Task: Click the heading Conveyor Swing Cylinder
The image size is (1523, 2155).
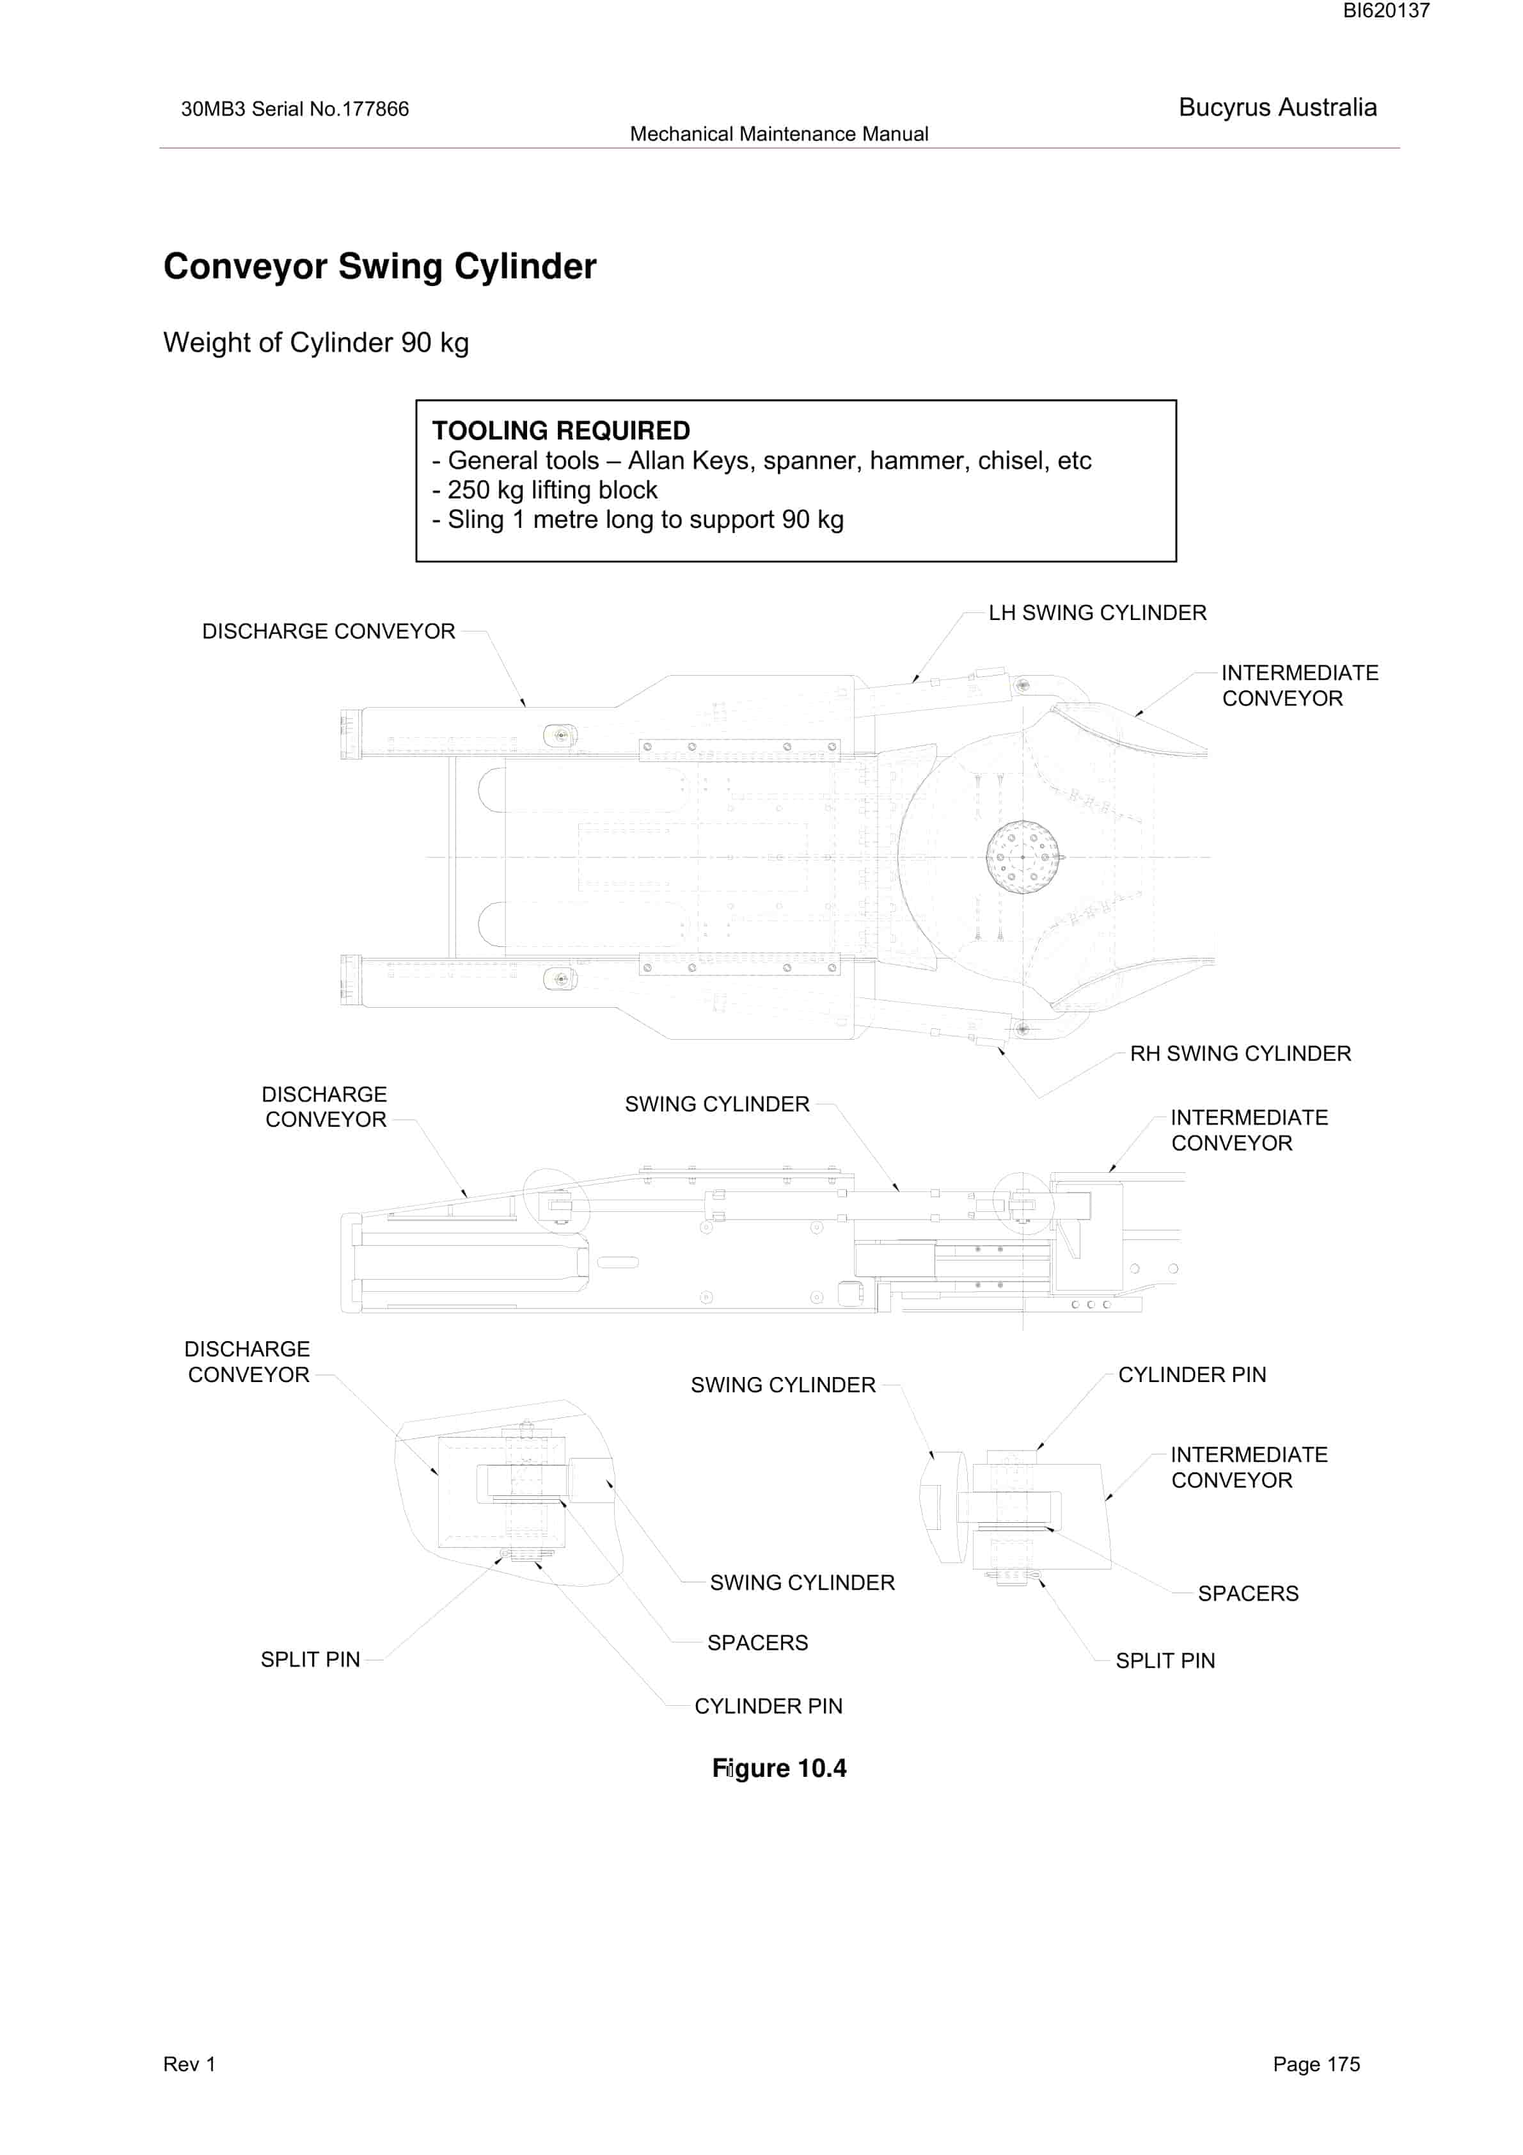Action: (x=380, y=267)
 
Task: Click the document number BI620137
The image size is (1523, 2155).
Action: (x=1386, y=12)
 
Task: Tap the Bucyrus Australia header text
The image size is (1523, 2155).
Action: (x=1277, y=108)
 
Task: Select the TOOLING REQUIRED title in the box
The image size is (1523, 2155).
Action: (x=561, y=431)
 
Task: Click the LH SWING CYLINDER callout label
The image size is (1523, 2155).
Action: (x=1097, y=613)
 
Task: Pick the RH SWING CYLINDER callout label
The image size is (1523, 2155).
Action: (x=1240, y=1054)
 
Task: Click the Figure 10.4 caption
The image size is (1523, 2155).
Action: (x=779, y=1769)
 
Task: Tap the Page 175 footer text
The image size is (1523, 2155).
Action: (x=1316, y=2064)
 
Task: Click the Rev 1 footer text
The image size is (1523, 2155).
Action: (x=189, y=2064)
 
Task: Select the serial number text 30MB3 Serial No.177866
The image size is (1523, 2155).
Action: (x=295, y=109)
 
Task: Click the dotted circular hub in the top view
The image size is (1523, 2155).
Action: (x=1022, y=857)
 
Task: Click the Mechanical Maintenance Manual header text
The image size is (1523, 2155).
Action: (x=779, y=134)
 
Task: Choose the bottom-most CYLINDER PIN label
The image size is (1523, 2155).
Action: (x=769, y=1706)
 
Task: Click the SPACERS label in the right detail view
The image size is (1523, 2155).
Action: (x=1248, y=1594)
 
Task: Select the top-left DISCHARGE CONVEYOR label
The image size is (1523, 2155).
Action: (x=328, y=632)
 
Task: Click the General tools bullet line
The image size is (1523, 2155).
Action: (x=762, y=461)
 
